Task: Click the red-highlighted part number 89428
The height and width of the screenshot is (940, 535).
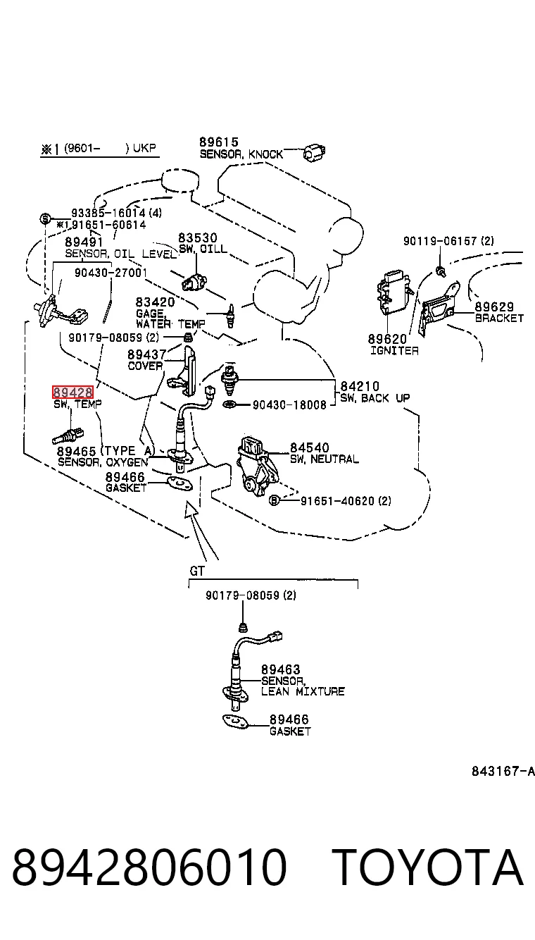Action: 73,392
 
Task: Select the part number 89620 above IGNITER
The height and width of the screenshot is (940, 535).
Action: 387,339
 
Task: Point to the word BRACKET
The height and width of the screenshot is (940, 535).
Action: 499,319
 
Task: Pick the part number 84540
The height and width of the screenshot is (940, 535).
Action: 310,447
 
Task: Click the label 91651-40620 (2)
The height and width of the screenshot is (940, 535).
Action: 346,500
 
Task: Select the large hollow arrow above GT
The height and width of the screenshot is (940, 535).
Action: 200,530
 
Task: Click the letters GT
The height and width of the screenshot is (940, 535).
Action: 197,571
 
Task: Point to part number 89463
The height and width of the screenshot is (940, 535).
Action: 280,669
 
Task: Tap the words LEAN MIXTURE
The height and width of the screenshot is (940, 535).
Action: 303,691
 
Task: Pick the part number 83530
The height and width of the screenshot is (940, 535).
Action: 198,237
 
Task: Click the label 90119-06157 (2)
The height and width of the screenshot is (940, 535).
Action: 448,241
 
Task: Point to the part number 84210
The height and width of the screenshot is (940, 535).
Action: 360,386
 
